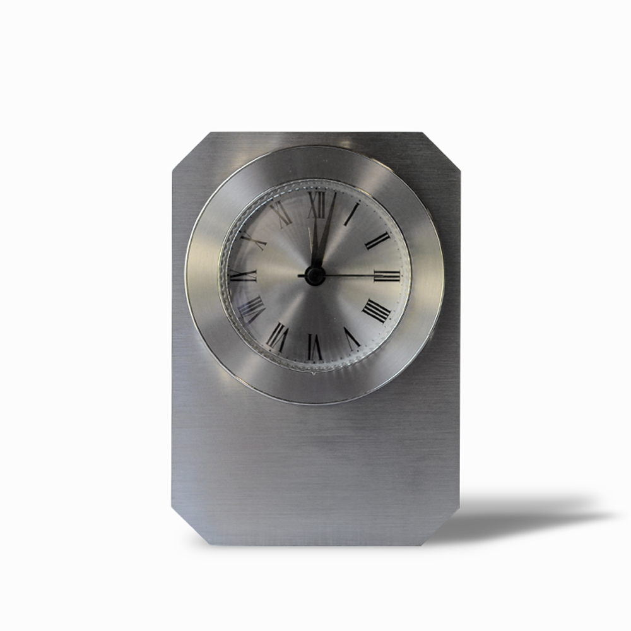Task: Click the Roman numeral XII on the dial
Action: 317,205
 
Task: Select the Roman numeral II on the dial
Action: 377,240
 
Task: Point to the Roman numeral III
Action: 386,276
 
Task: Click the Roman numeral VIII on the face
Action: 251,309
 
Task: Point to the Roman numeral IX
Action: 244,276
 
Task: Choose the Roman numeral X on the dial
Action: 253,240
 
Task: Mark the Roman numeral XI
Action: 281,215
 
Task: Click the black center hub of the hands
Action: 315,275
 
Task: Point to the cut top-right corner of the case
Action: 442,150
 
